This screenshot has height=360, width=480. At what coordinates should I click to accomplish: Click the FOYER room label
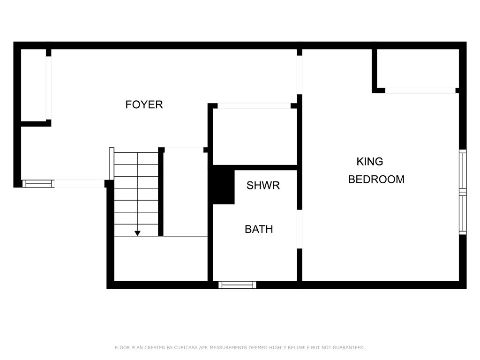[144, 105]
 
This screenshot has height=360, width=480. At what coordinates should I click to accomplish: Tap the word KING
[370, 161]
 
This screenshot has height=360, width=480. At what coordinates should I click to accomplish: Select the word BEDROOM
[376, 180]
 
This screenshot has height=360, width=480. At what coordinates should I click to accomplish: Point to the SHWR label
[263, 186]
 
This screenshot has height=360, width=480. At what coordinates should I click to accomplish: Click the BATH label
[259, 229]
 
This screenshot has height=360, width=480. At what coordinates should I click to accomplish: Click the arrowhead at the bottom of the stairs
[137, 233]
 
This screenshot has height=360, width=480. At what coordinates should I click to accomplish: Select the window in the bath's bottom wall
[237, 285]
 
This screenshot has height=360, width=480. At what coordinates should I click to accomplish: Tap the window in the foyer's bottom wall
[38, 184]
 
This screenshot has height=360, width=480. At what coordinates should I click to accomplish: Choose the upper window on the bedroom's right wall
[463, 170]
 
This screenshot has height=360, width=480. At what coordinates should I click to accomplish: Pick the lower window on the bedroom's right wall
[463, 214]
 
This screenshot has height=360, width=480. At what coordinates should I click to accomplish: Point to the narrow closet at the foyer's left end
[33, 85]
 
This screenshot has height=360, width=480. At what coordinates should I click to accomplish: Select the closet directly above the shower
[255, 136]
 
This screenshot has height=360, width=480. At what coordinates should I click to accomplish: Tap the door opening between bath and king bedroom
[300, 229]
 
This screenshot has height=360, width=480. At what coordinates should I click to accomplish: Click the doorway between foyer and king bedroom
[300, 75]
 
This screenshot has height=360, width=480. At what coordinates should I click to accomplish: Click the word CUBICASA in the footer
[186, 347]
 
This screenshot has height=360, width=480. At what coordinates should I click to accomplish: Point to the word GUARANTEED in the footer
[349, 347]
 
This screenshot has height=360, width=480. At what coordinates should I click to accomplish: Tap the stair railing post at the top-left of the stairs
[112, 164]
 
